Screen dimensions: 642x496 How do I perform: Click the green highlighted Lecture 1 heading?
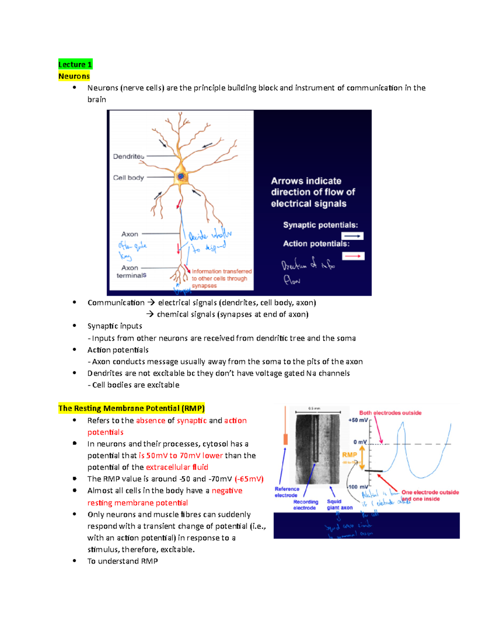[x=75, y=64]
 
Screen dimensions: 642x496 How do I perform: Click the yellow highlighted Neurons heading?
[x=74, y=76]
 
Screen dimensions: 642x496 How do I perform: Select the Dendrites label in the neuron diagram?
[x=129, y=156]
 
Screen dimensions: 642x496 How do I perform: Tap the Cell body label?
[x=129, y=177]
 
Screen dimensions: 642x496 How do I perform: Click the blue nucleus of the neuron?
[x=181, y=177]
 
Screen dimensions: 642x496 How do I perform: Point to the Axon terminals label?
[x=131, y=272]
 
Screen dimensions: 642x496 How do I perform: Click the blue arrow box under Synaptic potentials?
[x=352, y=236]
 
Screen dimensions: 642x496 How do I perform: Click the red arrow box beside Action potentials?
[x=353, y=256]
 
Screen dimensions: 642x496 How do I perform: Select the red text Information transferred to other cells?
[x=221, y=278]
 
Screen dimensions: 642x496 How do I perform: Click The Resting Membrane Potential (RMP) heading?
[x=131, y=408]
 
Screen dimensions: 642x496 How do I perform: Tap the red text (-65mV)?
[x=249, y=479]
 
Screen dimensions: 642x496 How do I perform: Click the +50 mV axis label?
[x=358, y=420]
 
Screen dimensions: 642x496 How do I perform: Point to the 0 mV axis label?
[x=360, y=442]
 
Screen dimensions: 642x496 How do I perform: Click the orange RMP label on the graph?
[x=349, y=455]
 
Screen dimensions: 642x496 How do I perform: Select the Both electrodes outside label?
[x=390, y=413]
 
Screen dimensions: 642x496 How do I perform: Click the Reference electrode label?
[x=286, y=492]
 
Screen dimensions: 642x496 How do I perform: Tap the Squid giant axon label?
[x=339, y=504]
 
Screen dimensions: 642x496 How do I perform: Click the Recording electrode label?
[x=305, y=505]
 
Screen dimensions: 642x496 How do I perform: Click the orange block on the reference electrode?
[x=285, y=439]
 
